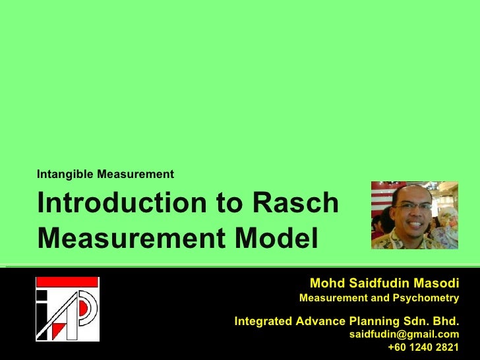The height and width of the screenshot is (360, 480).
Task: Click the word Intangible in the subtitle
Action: coord(65,175)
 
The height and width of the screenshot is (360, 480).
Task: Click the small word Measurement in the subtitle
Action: coord(135,175)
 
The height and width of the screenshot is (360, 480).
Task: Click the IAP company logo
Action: coord(67,309)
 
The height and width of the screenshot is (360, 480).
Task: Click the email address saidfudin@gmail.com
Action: coord(404,335)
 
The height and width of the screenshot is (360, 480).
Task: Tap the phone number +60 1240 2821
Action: coord(423,347)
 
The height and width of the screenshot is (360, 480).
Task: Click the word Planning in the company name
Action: coord(370,321)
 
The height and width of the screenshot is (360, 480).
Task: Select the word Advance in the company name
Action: coord(318,321)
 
